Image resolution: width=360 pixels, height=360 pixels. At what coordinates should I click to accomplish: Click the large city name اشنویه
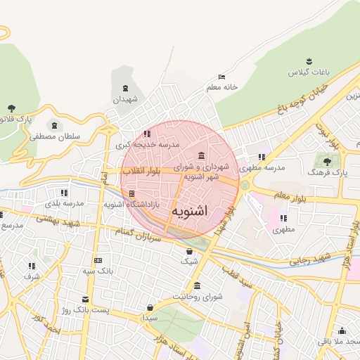pyautogui.click(x=188, y=210)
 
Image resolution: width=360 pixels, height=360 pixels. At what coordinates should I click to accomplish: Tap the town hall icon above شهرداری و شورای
pyautogui.click(x=202, y=155)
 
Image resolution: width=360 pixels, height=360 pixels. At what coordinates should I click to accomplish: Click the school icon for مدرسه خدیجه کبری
pyautogui.click(x=147, y=133)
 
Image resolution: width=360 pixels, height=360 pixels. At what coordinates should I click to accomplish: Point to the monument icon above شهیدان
pyautogui.click(x=125, y=88)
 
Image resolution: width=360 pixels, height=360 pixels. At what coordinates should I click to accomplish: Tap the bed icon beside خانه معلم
pyautogui.click(x=222, y=77)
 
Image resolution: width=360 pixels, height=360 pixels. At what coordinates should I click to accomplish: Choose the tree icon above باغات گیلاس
pyautogui.click(x=308, y=62)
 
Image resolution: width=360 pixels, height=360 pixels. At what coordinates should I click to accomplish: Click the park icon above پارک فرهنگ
pyautogui.click(x=326, y=160)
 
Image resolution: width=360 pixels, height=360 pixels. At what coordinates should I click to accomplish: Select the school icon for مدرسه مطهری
pyautogui.click(x=262, y=157)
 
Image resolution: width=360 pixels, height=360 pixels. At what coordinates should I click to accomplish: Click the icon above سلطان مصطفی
pyautogui.click(x=55, y=124)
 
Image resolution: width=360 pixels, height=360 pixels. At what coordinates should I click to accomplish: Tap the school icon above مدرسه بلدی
pyautogui.click(x=64, y=192)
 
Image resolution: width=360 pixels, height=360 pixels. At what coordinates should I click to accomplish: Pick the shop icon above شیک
pyautogui.click(x=189, y=251)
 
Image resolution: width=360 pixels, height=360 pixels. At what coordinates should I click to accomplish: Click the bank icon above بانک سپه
pyautogui.click(x=97, y=260)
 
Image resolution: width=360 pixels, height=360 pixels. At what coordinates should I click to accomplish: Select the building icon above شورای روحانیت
pyautogui.click(x=196, y=285)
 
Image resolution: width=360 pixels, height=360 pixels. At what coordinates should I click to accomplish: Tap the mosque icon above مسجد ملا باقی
pyautogui.click(x=342, y=330)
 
